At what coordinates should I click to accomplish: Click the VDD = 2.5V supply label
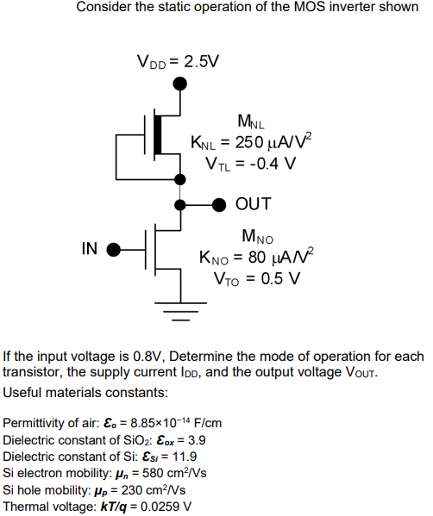click(179, 62)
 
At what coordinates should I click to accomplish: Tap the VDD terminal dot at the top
click(179, 84)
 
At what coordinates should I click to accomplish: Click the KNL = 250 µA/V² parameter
click(250, 142)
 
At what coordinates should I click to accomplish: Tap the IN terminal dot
click(112, 250)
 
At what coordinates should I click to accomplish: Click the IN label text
click(90, 249)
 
